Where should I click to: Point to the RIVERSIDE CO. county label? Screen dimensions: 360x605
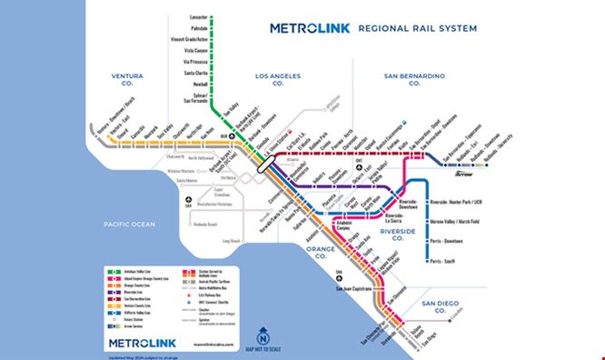[x=400, y=237]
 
